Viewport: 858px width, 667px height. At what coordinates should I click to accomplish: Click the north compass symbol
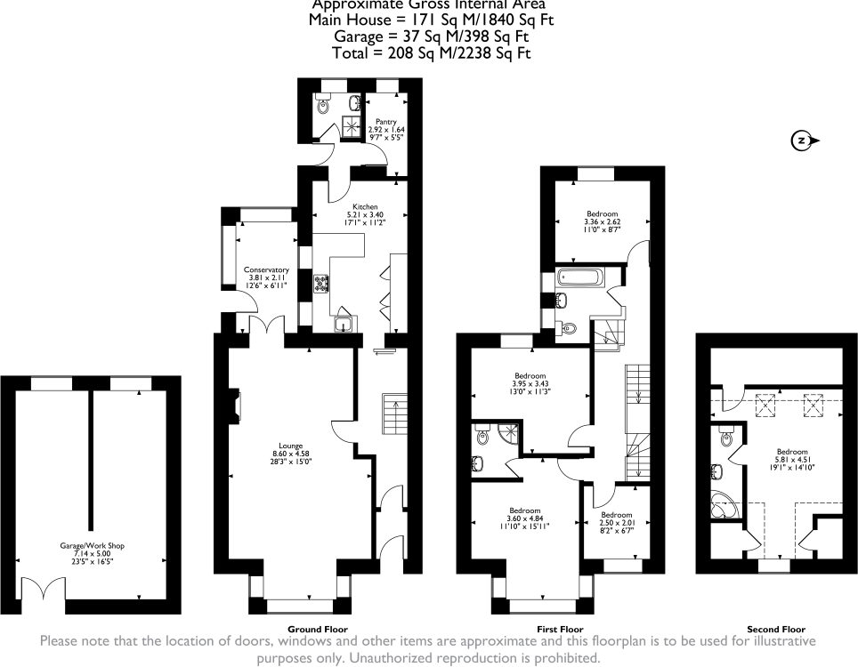tap(802, 141)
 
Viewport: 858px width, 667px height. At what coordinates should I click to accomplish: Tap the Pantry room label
tap(385, 122)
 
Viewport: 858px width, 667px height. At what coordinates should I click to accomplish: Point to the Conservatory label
tap(267, 269)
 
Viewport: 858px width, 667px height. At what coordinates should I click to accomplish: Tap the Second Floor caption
tap(770, 629)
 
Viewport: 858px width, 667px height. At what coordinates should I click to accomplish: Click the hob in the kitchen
tap(321, 285)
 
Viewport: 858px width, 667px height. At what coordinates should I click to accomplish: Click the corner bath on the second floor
tap(722, 505)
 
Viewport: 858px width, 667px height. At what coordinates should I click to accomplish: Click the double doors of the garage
tap(43, 589)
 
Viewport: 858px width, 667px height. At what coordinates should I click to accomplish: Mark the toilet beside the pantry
tap(322, 105)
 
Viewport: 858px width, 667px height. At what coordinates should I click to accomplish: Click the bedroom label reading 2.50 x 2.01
tap(616, 524)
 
